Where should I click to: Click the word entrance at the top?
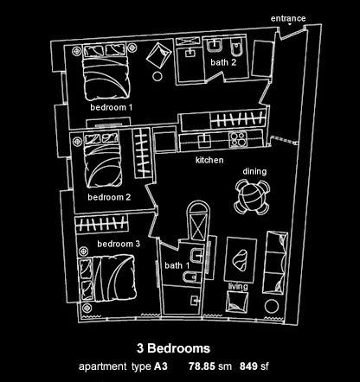coord(288,19)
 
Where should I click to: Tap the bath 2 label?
coord(223,62)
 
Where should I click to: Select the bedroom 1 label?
coord(111,107)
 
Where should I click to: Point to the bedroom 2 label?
coord(109,197)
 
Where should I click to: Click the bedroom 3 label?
coord(119,244)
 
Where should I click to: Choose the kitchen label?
coord(209,160)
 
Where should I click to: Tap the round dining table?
coord(252,197)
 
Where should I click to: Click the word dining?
coord(254,171)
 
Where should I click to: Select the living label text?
coord(238,287)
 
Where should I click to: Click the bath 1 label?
coord(177,265)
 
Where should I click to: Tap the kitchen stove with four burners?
coord(238,139)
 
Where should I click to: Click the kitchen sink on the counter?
coord(204,141)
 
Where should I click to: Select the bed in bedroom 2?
coord(102,160)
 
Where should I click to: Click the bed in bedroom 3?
coord(107,278)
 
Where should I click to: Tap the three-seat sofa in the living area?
coord(276,263)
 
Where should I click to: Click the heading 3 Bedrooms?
coord(173,348)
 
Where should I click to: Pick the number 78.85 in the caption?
coord(202,366)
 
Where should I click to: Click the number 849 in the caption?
coord(248,366)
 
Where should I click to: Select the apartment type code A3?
coord(161,366)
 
